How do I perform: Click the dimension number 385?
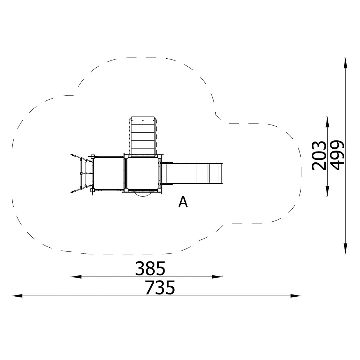[150, 268]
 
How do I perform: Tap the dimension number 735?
[160, 287]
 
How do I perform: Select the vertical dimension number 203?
[319, 156]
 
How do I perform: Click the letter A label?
[183, 202]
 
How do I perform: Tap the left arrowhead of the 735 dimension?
[17, 296]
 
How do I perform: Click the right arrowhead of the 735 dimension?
[296, 296]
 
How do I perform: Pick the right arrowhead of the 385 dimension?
[217, 276]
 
